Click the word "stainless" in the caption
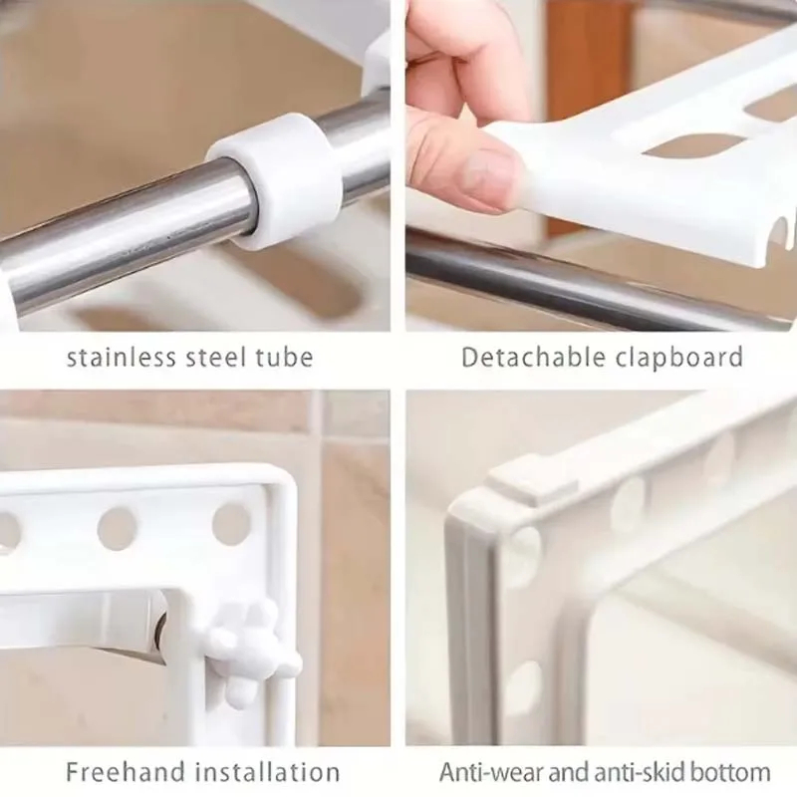[121, 357]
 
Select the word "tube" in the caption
[284, 357]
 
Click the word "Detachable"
[534, 357]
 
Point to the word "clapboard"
[679, 357]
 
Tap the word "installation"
[268, 772]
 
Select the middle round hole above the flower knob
[117, 529]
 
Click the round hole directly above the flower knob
[232, 524]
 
